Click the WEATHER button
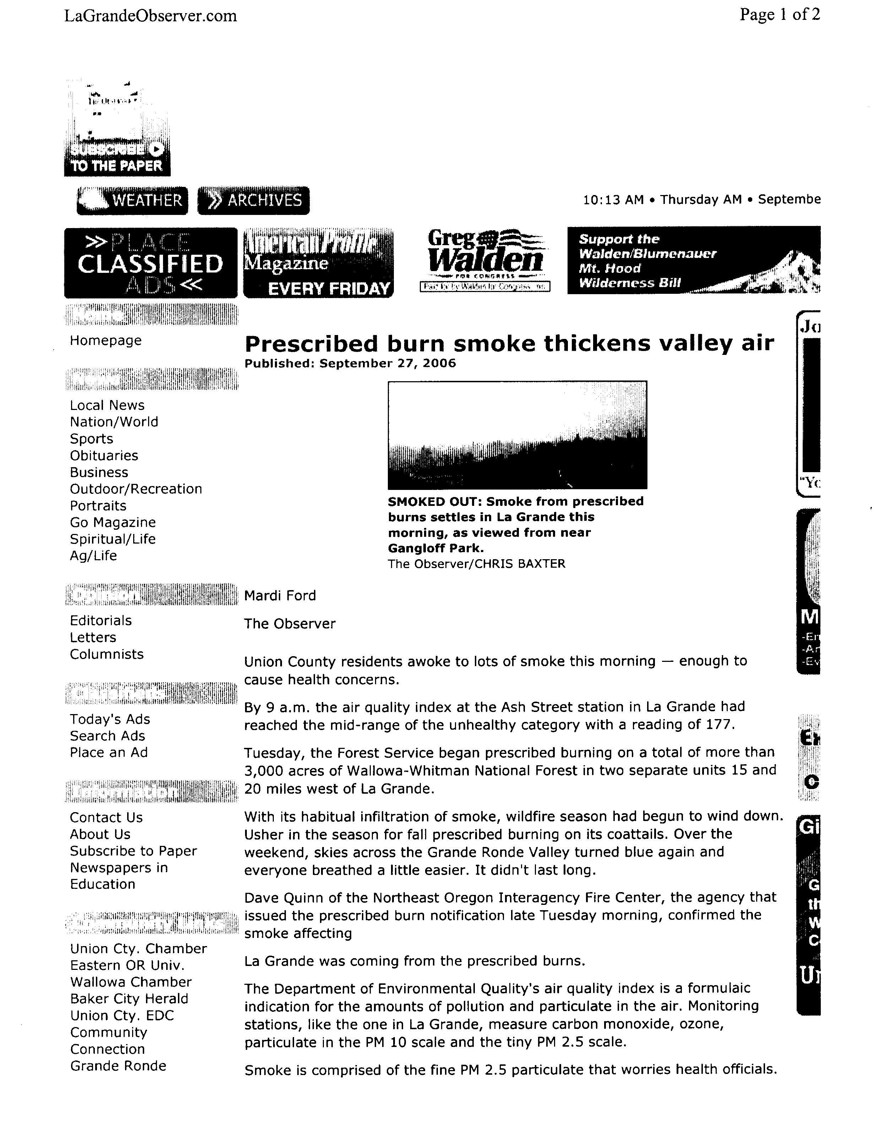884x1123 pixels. click(x=132, y=200)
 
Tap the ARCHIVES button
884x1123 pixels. click(x=254, y=200)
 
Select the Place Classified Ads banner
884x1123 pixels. click(x=151, y=263)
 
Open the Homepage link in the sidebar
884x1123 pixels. click(x=105, y=341)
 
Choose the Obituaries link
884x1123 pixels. click(x=104, y=455)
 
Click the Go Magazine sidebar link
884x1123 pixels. click(x=113, y=522)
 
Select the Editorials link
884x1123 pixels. click(x=101, y=620)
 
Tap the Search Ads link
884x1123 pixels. click(x=108, y=736)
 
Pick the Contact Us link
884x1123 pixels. click(x=106, y=817)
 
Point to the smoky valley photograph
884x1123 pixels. click(x=517, y=435)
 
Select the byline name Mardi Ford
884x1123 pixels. click(x=280, y=595)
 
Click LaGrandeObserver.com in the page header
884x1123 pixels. click(x=151, y=16)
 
